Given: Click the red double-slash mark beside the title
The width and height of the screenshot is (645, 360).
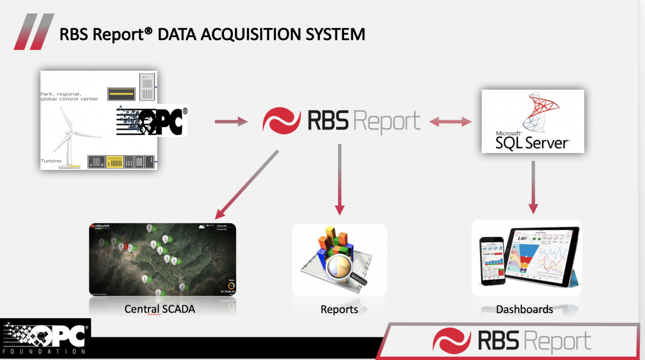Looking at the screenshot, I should click(33, 32).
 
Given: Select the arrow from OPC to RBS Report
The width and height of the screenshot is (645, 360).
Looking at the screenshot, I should click(231, 123).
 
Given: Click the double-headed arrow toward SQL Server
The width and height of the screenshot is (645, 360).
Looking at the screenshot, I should click(449, 123).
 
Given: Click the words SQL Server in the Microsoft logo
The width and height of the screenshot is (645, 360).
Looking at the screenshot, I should click(532, 142).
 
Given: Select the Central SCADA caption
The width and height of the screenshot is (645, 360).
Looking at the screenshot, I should click(160, 309).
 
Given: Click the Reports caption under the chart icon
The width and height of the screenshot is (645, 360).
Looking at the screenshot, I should click(339, 309).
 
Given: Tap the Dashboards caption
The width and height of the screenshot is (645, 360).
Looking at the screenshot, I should click(525, 309).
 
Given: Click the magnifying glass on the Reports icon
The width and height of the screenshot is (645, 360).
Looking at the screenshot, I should click(346, 267).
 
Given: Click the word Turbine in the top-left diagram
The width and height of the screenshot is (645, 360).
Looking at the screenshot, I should click(52, 161).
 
